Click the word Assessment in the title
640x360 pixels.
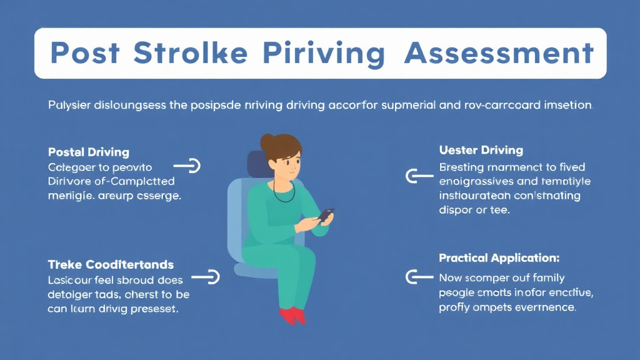(498, 54)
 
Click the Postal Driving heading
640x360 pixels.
(88, 152)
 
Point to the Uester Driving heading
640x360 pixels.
(481, 151)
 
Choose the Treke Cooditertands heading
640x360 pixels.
(111, 264)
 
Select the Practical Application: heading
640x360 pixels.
(499, 257)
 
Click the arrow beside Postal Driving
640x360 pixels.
(187, 166)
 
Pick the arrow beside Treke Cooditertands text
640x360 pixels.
(206, 276)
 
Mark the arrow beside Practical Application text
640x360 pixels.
(419, 276)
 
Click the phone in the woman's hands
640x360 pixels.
(326, 214)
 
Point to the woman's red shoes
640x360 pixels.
(292, 315)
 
